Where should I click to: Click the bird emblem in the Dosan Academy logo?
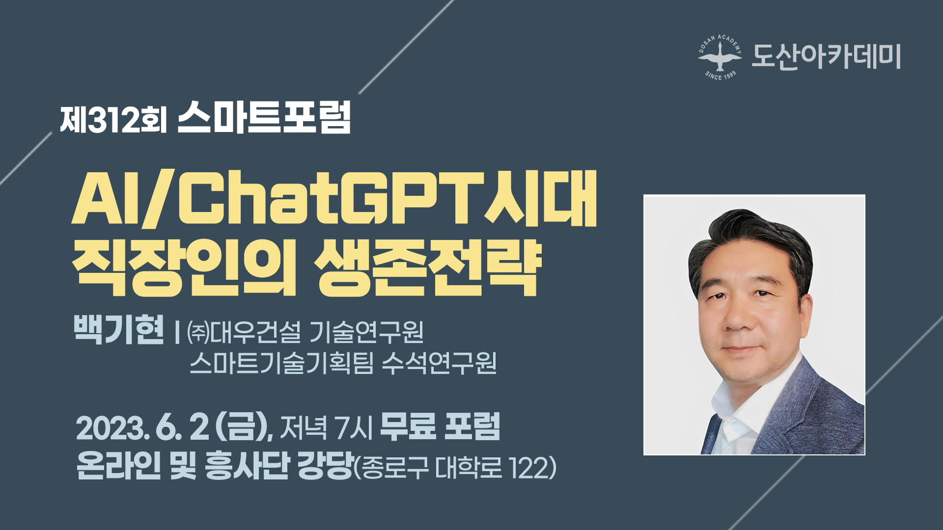pyautogui.click(x=720, y=56)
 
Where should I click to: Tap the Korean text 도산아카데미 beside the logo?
pyautogui.click(x=826, y=56)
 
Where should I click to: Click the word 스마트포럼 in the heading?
pyautogui.click(x=264, y=117)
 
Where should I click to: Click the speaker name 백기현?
pyautogui.click(x=118, y=329)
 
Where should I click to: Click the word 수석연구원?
pyautogui.click(x=439, y=363)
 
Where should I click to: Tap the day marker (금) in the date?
pyautogui.click(x=241, y=427)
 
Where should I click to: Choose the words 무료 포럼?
pyautogui.click(x=440, y=426)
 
